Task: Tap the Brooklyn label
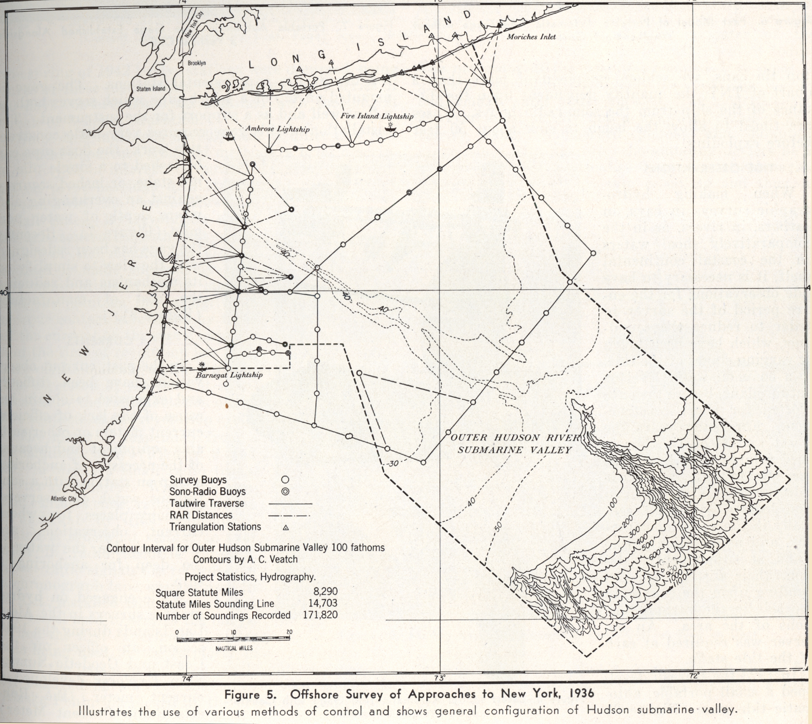coord(197,63)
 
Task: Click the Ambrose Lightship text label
coord(277,129)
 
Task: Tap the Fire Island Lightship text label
coord(376,116)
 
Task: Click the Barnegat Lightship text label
coord(229,375)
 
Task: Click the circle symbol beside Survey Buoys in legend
coord(284,480)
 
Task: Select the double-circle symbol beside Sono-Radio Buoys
coord(284,492)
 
